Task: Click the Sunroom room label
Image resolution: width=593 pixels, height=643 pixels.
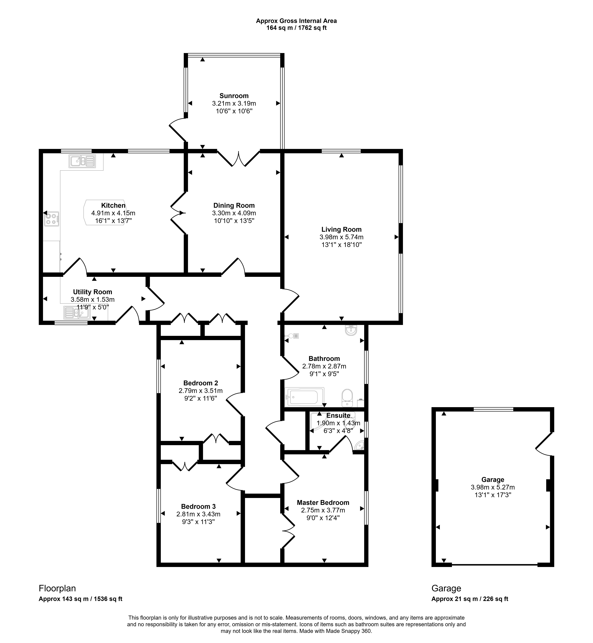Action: tap(234, 96)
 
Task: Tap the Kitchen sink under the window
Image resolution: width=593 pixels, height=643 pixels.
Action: tap(82, 161)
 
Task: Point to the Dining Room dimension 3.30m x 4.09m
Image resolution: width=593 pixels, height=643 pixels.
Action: tap(234, 213)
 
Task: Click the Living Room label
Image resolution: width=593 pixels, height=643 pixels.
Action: tap(341, 229)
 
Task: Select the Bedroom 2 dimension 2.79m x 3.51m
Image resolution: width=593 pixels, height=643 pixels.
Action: tap(201, 391)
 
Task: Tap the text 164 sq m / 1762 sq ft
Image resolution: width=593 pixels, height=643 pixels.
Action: tap(296, 28)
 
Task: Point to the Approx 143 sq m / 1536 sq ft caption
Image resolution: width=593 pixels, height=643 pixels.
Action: tap(81, 599)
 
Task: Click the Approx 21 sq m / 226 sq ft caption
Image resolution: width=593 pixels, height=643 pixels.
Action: tap(470, 599)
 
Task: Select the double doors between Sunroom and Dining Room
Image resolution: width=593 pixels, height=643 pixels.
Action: tap(238, 158)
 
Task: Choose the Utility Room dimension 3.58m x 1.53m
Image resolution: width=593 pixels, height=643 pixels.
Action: tap(92, 299)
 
